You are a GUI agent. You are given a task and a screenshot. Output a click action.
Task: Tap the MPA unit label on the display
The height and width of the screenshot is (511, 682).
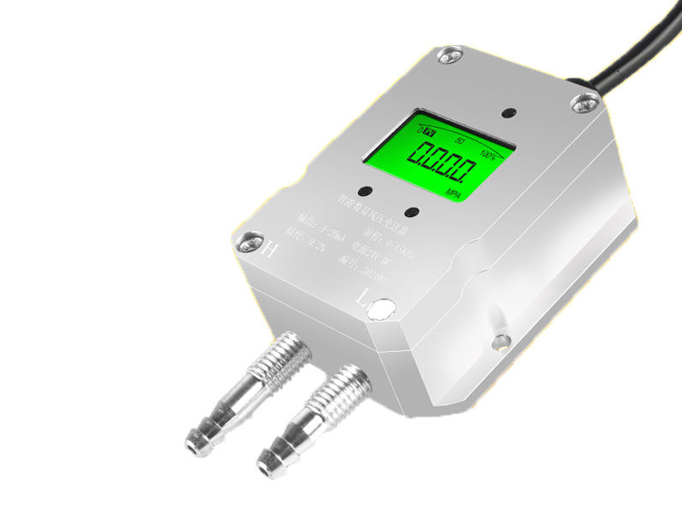pyautogui.click(x=457, y=194)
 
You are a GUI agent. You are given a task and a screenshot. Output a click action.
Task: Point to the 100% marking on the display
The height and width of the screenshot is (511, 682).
pyautogui.click(x=488, y=154)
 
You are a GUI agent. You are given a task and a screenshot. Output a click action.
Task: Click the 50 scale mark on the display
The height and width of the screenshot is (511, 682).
pyautogui.click(x=459, y=140)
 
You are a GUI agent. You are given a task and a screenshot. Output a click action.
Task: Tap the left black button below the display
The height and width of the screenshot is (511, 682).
pyautogui.click(x=366, y=191)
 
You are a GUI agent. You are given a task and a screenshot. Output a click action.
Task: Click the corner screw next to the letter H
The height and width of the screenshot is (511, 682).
pyautogui.click(x=248, y=242)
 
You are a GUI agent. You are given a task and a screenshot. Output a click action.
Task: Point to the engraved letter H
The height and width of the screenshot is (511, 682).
pyautogui.click(x=269, y=250)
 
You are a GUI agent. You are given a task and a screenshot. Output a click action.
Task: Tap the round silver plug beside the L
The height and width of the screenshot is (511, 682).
pyautogui.click(x=381, y=308)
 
